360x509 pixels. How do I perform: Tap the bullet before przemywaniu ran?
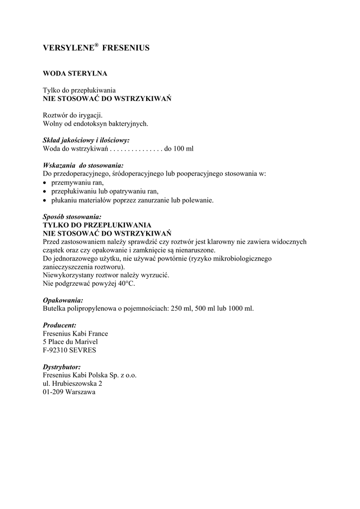45,183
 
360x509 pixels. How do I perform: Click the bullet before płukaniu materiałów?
45,200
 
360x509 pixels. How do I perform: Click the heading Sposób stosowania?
73,217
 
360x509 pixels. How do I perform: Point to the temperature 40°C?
126,284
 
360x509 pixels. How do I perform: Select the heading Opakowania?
63,301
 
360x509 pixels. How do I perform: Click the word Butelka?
55,309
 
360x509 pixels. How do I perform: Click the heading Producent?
60,325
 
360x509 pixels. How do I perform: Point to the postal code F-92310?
59,350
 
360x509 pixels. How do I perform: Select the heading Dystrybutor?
62,367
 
